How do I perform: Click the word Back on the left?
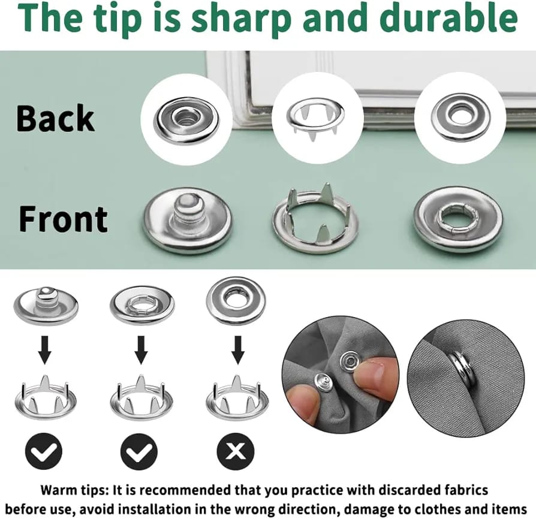pyautogui.click(x=55, y=118)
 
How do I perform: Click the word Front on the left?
pyautogui.click(x=63, y=219)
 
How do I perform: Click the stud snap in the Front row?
pyautogui.click(x=187, y=221)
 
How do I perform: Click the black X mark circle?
pyautogui.click(x=236, y=452)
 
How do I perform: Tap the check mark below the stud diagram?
pyautogui.click(x=44, y=452)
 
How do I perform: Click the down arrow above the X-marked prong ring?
pyautogui.click(x=238, y=350)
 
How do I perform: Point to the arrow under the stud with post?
pyautogui.click(x=45, y=350)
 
